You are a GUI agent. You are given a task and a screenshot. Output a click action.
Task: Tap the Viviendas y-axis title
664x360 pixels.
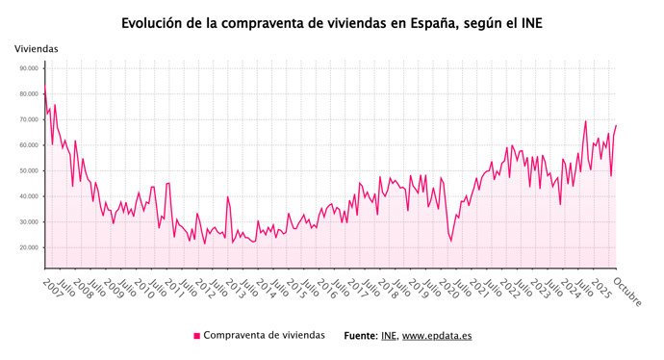37,48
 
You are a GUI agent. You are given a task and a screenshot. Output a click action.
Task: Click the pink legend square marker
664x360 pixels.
197,336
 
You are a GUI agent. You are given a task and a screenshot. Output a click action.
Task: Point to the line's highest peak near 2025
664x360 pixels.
585,121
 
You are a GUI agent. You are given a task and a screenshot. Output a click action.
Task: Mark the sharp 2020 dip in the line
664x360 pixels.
449,241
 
